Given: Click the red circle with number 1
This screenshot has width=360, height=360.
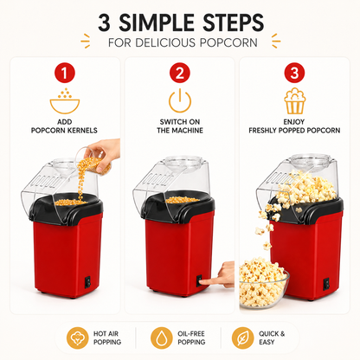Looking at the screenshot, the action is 65,73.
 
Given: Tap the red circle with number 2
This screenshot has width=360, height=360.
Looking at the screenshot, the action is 180,73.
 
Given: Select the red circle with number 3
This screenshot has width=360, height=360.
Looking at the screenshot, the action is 294,73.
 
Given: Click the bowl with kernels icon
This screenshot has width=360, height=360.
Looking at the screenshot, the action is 65,101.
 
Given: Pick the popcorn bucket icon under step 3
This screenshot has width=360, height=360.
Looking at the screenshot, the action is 294,101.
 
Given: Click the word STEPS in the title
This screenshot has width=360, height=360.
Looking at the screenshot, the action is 233,22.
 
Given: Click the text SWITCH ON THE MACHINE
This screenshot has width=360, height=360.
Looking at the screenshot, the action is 180,126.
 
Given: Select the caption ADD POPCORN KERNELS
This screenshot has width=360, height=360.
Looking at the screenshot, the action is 64,126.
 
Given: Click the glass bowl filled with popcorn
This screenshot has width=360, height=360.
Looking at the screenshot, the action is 263,283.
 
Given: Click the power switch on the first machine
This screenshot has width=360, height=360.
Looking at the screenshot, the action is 87,282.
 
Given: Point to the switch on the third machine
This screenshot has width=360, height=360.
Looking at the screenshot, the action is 326,284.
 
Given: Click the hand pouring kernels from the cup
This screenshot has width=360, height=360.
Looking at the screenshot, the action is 104,153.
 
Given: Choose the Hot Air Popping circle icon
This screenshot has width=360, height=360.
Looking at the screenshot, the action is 77,337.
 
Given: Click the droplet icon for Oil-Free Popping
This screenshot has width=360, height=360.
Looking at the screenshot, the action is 162,337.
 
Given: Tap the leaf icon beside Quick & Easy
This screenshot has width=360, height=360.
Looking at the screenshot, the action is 242,337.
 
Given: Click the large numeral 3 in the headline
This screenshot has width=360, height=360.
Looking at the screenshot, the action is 105,22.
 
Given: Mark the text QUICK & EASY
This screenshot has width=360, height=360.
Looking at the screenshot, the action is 272,337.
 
